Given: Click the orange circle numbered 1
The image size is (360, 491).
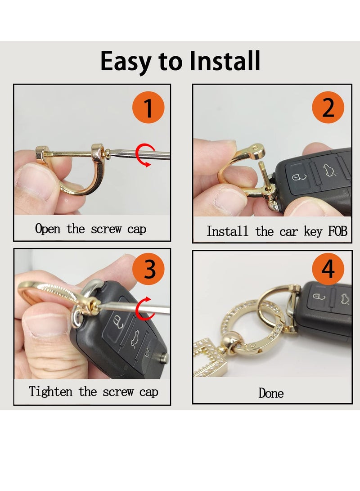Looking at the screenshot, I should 148,108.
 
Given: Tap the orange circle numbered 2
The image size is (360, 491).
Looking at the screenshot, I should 328,108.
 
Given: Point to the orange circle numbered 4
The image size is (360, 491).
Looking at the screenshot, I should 328,270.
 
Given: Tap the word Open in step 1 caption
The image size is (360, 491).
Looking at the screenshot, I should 47,229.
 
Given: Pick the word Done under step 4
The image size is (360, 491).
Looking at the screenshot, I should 271,393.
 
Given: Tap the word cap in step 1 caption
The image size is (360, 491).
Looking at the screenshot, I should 136,229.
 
